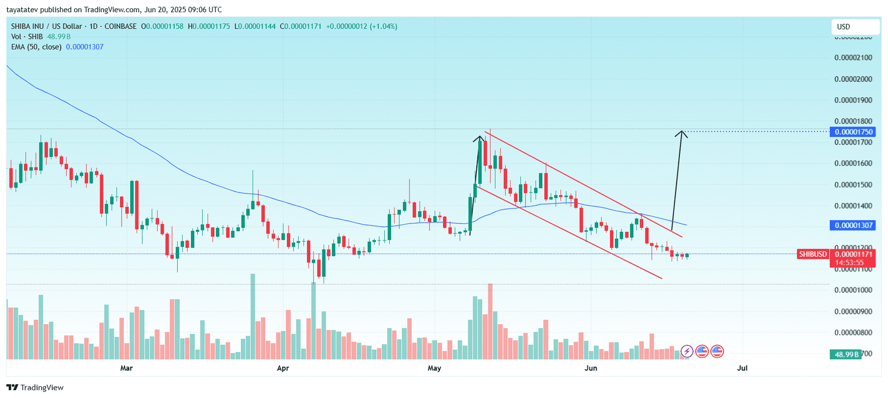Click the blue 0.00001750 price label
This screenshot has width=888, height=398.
(x=852, y=132)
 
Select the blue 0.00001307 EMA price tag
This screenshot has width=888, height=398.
(x=852, y=226)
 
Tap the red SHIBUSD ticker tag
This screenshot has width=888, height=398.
(x=813, y=254)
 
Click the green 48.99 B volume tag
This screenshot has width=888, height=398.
(x=845, y=354)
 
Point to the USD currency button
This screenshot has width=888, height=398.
(x=855, y=27)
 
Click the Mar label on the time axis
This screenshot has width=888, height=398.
(x=127, y=368)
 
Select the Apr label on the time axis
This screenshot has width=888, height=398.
(x=283, y=368)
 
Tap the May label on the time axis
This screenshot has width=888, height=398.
(x=435, y=368)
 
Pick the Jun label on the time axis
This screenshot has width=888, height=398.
(x=591, y=368)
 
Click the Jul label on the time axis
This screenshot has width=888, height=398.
(x=743, y=368)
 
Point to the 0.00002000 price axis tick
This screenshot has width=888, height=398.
(x=853, y=79)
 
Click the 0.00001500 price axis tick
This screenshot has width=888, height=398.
(x=853, y=185)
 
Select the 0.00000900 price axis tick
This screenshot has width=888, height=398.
(x=853, y=312)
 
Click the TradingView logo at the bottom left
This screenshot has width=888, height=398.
(x=35, y=387)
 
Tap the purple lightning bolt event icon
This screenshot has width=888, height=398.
(x=687, y=351)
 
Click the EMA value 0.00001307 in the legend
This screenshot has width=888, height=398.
(x=84, y=47)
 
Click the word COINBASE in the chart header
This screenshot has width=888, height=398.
(x=120, y=26)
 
